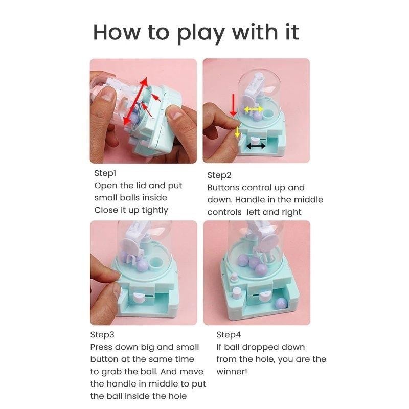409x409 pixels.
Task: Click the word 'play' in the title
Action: (x=200, y=34)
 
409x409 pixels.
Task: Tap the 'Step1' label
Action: (x=105, y=173)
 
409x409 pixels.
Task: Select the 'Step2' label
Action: (x=219, y=175)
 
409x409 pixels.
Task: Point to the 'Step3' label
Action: (x=102, y=335)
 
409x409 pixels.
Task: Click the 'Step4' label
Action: (x=229, y=335)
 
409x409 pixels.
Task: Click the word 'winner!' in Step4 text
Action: (x=232, y=372)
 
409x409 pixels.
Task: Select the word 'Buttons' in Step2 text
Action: (x=223, y=188)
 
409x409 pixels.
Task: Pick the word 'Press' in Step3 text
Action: (x=101, y=347)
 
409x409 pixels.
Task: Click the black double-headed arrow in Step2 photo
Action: (x=256, y=146)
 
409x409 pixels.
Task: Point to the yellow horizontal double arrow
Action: (x=253, y=109)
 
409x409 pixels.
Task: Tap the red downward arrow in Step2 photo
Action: (x=233, y=105)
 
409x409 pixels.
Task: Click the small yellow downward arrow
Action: (x=237, y=132)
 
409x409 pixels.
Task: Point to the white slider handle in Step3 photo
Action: (x=138, y=297)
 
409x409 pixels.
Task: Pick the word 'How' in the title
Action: (x=117, y=32)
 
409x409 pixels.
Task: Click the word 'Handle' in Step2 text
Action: (x=250, y=200)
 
